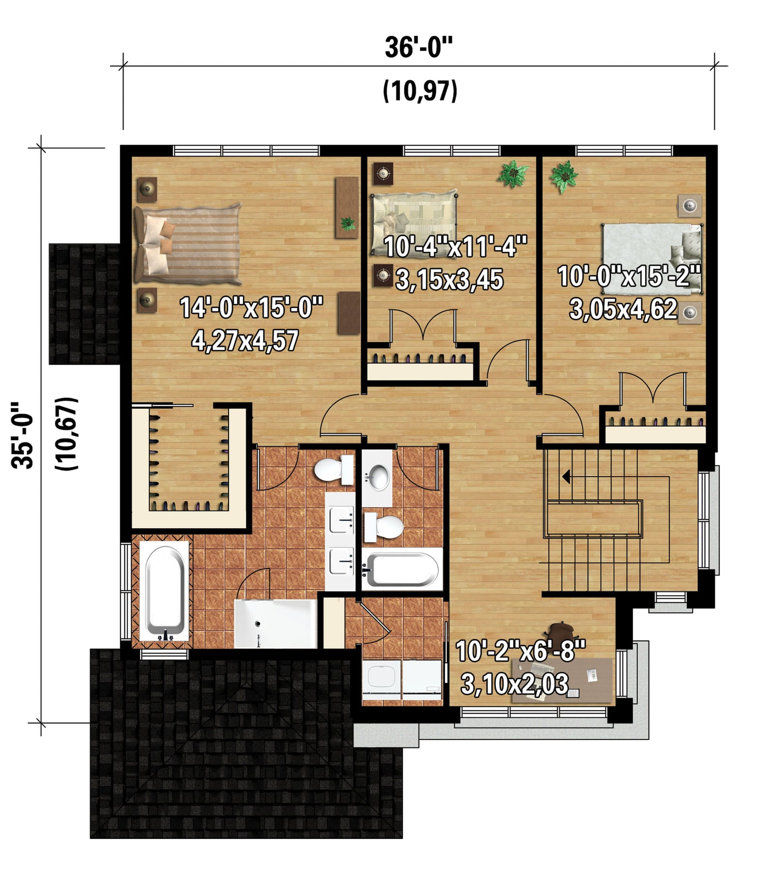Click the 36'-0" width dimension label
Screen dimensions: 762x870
click(x=419, y=48)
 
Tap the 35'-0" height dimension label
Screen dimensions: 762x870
click(x=23, y=435)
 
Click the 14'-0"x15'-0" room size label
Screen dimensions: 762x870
click(x=251, y=307)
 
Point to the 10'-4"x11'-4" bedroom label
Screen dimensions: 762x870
click(x=455, y=246)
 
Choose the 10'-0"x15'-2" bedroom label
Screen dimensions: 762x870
click(x=629, y=276)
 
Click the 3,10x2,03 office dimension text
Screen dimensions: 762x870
click(x=514, y=684)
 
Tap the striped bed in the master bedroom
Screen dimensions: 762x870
click(x=187, y=244)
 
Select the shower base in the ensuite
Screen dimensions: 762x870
click(x=275, y=623)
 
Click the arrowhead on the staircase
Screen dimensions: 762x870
click(x=566, y=478)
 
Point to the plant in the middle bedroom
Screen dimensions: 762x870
click(x=513, y=174)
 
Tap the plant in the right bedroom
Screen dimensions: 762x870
click(x=564, y=176)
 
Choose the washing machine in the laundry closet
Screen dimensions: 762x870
click(x=382, y=680)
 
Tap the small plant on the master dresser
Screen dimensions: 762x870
click(x=347, y=223)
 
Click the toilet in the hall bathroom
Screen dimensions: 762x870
click(x=384, y=527)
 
